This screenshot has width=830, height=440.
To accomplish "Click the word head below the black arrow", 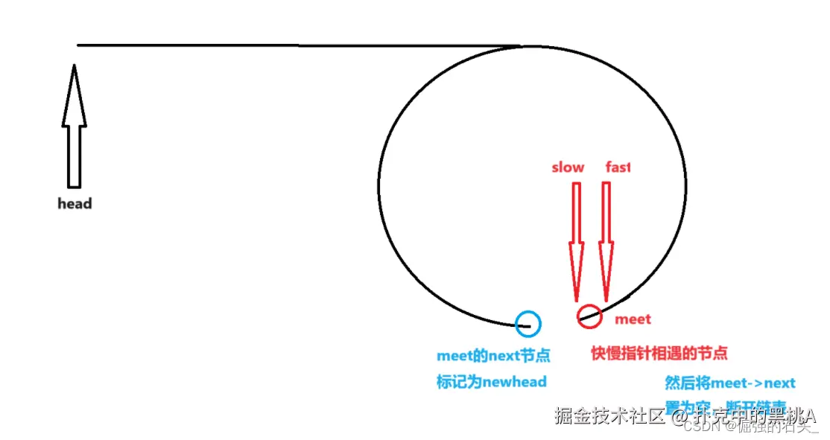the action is [x=75, y=203].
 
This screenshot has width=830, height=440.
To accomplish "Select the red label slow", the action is [x=568, y=168].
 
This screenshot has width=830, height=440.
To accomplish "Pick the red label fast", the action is [x=618, y=168].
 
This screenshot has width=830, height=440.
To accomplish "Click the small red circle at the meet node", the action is [x=589, y=316].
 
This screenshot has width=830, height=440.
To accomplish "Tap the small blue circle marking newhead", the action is [x=528, y=323].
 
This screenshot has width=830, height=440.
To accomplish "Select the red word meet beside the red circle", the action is [x=633, y=319].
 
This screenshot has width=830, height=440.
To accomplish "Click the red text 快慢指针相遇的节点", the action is [x=659, y=353].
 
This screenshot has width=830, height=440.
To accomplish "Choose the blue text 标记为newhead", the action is [x=491, y=382].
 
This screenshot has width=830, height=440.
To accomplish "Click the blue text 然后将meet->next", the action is [x=730, y=383].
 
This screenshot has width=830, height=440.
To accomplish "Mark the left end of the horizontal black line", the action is [x=79, y=45].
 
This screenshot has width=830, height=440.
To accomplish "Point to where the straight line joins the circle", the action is [x=522, y=46].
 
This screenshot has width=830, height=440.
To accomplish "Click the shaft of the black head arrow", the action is [x=74, y=156].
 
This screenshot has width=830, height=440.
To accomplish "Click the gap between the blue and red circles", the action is [x=559, y=321].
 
